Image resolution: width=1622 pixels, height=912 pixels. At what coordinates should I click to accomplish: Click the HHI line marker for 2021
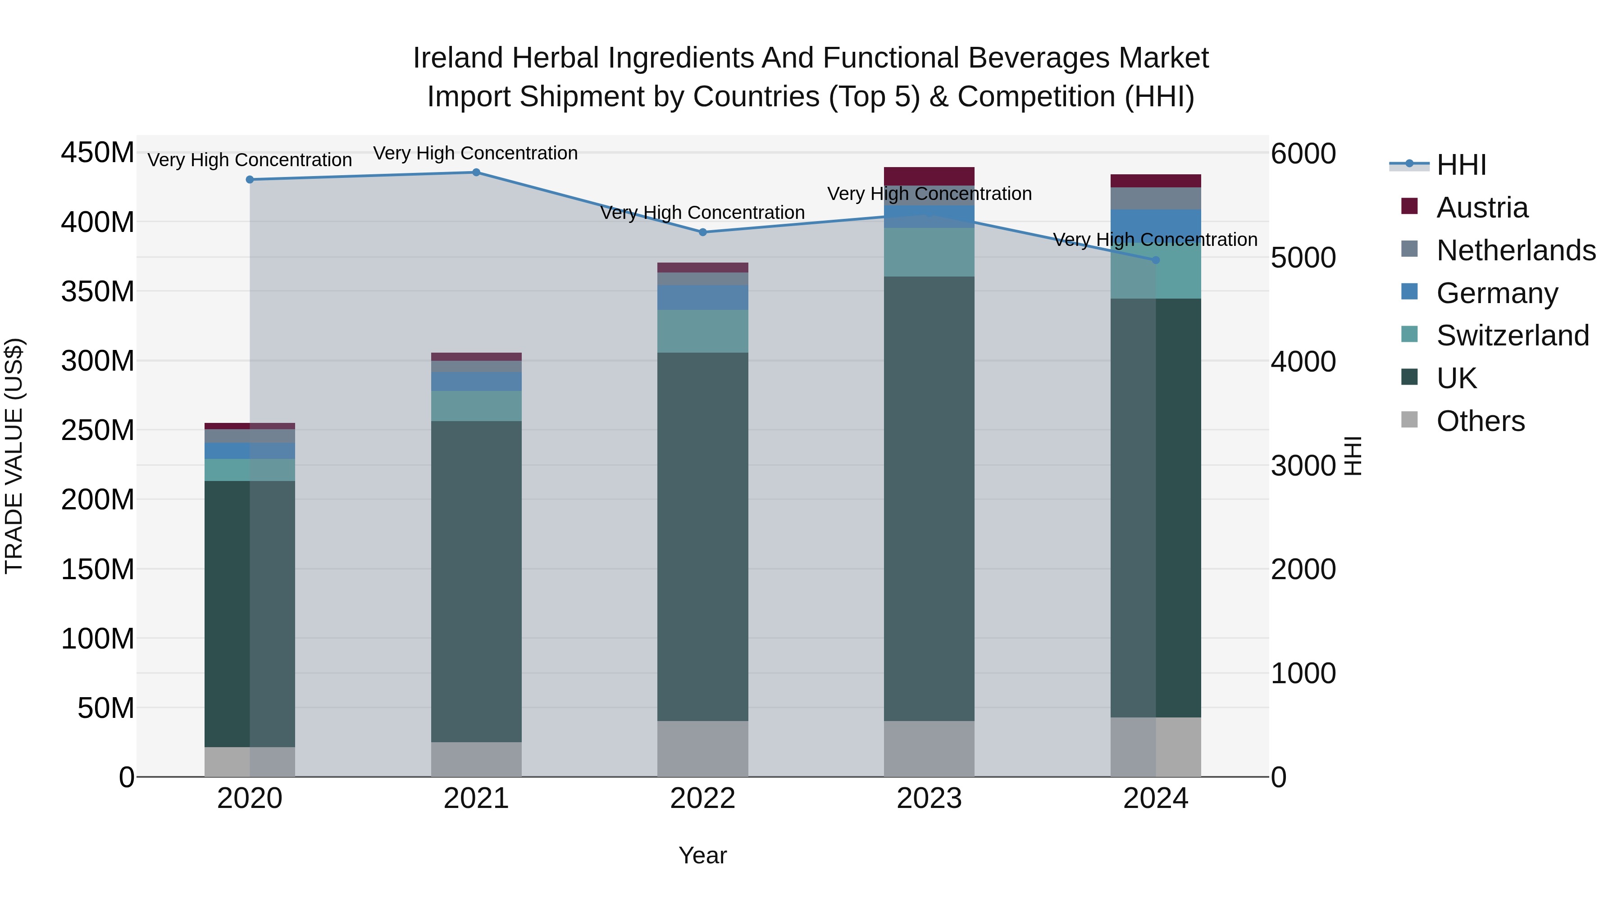(x=476, y=172)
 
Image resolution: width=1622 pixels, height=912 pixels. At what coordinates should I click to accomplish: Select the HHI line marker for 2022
(x=703, y=232)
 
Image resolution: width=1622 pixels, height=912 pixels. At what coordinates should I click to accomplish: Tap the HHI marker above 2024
(x=1155, y=260)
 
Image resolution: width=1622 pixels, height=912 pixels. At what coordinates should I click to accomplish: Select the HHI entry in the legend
(x=1461, y=165)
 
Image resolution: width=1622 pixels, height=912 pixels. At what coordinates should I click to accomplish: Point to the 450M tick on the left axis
(x=98, y=153)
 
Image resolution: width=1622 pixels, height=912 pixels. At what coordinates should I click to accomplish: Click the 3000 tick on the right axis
(x=1303, y=466)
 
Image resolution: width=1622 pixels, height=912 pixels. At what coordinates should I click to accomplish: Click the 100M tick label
(x=98, y=639)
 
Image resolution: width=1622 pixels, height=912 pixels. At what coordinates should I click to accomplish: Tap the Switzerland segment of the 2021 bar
(x=476, y=406)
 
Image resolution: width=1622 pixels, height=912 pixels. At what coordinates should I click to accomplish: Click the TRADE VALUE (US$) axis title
(x=14, y=456)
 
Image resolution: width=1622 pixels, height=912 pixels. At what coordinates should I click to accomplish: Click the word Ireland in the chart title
(x=457, y=59)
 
